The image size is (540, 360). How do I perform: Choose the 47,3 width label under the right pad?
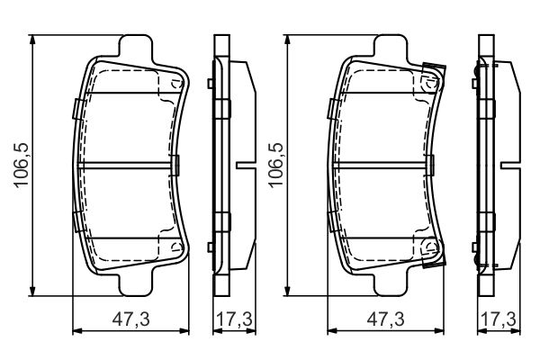(383, 319)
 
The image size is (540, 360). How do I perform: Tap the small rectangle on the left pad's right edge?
(178, 165)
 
